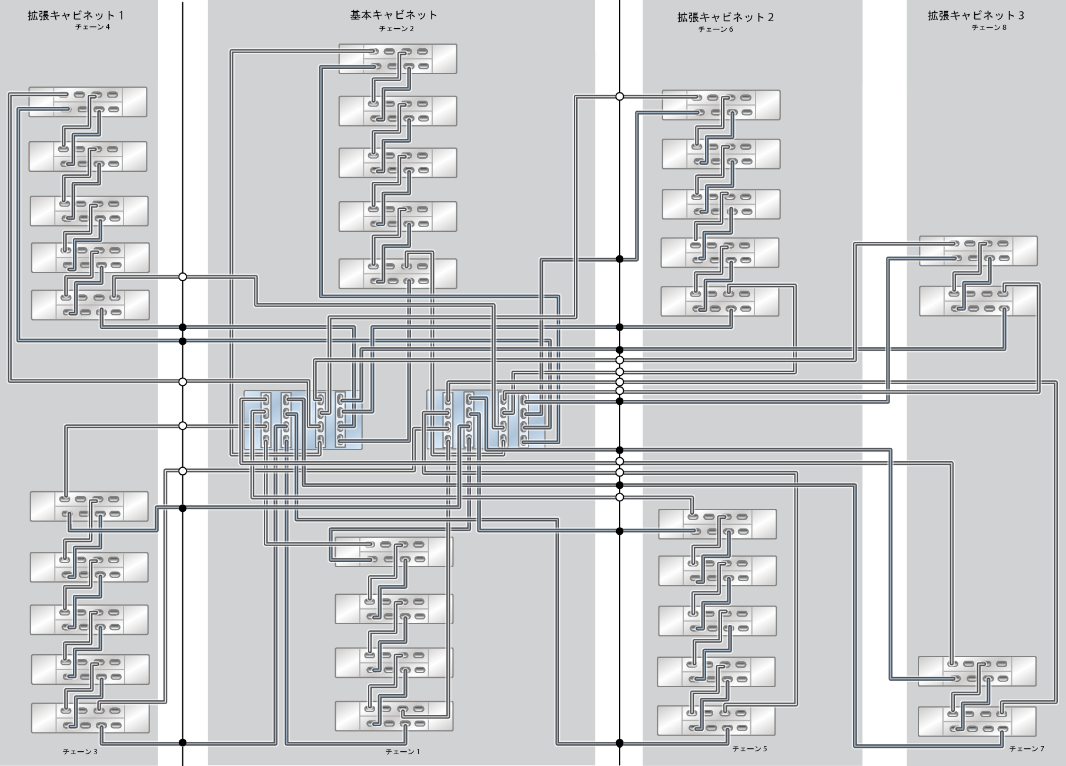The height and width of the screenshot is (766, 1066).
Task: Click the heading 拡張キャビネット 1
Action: point(76,15)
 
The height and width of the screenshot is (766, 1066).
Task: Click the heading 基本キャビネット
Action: point(393,15)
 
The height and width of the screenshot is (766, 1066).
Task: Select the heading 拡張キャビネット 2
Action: point(725,17)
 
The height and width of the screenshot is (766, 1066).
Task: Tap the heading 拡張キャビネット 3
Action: point(975,16)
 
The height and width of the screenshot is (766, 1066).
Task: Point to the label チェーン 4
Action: point(92,27)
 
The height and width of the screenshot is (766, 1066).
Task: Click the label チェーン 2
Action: point(396,29)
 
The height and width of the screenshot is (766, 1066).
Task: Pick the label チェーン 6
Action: point(716,29)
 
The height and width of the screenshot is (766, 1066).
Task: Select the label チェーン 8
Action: point(989,28)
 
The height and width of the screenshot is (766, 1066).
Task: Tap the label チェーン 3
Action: point(80,752)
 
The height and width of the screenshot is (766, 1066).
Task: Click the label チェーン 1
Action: point(403,752)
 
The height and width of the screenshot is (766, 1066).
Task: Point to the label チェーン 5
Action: point(749,749)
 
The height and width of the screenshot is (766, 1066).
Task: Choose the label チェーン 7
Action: point(1027,749)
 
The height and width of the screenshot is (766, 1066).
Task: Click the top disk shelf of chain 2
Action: point(397,59)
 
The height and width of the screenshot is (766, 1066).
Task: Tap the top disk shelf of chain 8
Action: point(978,251)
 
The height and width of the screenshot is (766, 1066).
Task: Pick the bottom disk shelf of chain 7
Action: point(977,721)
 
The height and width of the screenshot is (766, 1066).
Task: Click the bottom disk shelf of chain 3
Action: point(90,718)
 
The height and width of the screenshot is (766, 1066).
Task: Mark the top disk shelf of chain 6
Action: point(721,105)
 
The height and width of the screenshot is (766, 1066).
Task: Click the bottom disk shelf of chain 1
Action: point(394,716)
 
